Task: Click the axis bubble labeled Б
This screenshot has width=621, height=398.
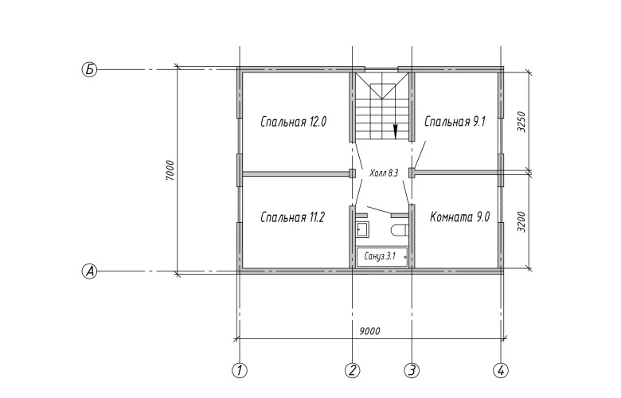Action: pyautogui.click(x=89, y=70)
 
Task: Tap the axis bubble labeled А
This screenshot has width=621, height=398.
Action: pyautogui.click(x=89, y=271)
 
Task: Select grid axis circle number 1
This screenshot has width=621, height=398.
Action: pyautogui.click(x=239, y=370)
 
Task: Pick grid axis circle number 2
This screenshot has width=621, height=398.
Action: pyautogui.click(x=352, y=370)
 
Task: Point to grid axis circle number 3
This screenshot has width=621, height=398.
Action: pyautogui.click(x=412, y=370)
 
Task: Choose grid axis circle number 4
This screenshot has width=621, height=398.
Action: pyautogui.click(x=501, y=370)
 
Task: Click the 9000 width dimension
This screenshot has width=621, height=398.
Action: pyautogui.click(x=369, y=330)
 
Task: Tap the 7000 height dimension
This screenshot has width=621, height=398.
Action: pyautogui.click(x=170, y=170)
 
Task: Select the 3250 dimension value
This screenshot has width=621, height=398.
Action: pyautogui.click(x=521, y=122)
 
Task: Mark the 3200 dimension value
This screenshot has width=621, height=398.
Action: pyautogui.click(x=521, y=222)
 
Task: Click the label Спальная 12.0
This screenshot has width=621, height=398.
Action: pyautogui.click(x=294, y=122)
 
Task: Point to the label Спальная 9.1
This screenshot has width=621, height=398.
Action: pyautogui.click(x=455, y=122)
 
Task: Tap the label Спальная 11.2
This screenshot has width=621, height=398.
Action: pyautogui.click(x=293, y=217)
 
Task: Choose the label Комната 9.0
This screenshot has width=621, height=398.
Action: pyautogui.click(x=460, y=217)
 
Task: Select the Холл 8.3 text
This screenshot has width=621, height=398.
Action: pyautogui.click(x=384, y=173)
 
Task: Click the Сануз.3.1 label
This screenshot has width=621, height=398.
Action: pyautogui.click(x=381, y=256)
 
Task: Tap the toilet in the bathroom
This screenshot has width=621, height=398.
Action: pyautogui.click(x=399, y=230)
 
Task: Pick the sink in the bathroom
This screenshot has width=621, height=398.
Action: pyautogui.click(x=362, y=229)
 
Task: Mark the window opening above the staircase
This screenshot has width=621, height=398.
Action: pyautogui.click(x=381, y=69)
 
